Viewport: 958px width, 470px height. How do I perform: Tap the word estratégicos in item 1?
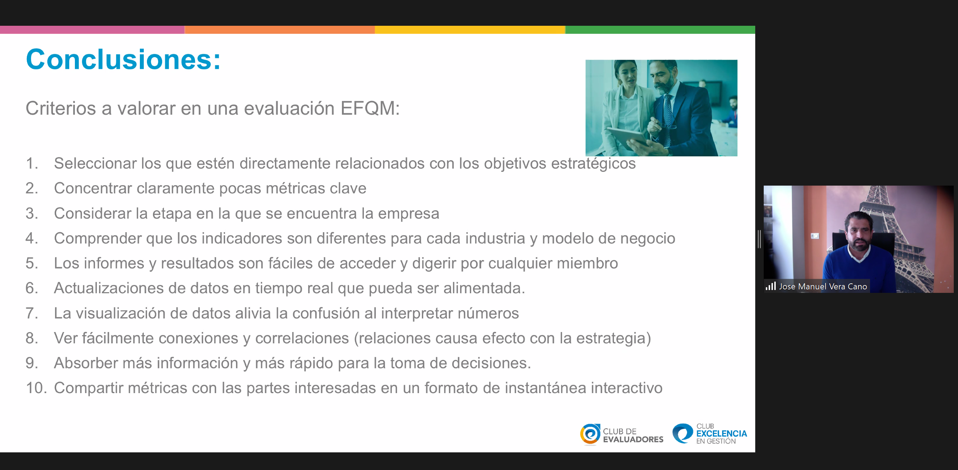pos(593,164)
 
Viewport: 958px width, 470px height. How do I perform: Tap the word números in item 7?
pos(488,313)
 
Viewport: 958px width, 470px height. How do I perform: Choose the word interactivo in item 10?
pos(627,388)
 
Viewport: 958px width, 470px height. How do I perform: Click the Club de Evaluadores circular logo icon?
pos(590,434)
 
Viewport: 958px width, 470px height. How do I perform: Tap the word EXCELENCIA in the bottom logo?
pos(721,434)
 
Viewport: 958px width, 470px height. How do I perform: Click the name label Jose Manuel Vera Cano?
pos(823,287)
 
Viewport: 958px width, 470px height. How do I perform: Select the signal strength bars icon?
pos(770,286)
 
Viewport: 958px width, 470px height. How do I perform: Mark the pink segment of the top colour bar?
pos(92,30)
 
